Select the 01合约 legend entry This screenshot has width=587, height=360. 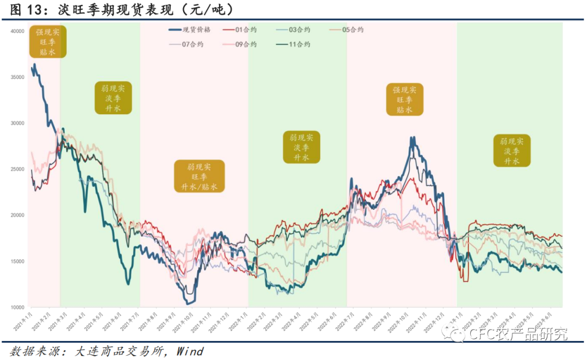[246, 29]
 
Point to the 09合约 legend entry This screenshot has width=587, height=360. [246, 44]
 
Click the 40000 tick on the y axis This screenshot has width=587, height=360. [17, 32]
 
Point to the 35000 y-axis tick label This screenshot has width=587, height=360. [17, 77]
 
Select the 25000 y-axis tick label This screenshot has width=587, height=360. [17, 169]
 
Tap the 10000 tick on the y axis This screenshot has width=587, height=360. [17, 307]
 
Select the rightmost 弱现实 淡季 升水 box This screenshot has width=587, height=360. [511, 151]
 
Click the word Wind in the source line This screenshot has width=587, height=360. [190, 351]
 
